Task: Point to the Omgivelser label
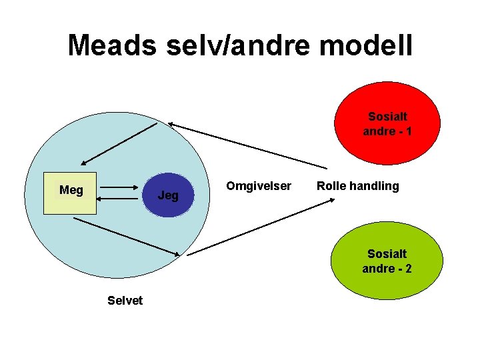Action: (259, 186)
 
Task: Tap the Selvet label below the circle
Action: (125, 301)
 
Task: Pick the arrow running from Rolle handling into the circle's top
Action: (247, 145)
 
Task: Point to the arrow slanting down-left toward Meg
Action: (119, 144)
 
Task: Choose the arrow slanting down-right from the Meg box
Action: (127, 236)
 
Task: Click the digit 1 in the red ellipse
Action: (408, 131)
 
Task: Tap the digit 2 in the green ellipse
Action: (408, 269)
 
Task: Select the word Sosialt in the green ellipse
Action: (387, 254)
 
